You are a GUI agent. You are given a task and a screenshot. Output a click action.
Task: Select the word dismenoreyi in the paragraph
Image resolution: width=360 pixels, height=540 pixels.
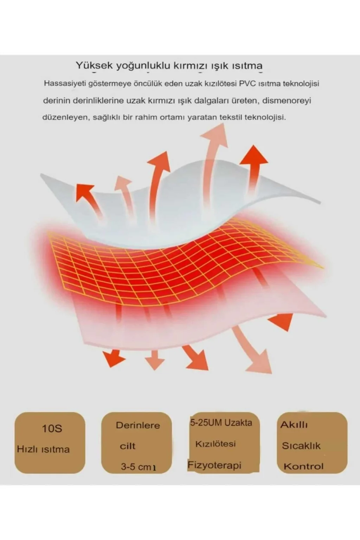tap(287, 101)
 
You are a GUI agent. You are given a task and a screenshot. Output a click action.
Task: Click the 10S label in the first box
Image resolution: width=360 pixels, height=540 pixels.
tap(52, 429)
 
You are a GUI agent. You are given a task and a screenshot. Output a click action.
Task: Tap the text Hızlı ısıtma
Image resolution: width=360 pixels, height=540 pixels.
tap(43, 449)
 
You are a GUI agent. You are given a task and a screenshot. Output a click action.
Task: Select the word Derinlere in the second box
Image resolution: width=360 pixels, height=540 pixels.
tap(138, 425)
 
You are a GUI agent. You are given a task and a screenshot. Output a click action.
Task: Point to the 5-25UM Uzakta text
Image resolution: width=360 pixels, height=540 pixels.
tap(221, 423)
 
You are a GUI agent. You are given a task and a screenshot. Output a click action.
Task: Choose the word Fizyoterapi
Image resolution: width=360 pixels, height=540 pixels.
tap(214, 465)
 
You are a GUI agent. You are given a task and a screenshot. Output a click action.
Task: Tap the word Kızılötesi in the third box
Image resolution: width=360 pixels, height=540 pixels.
tap(215, 444)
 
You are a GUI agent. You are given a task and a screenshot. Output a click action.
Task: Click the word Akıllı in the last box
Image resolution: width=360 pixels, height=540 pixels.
tap(294, 425)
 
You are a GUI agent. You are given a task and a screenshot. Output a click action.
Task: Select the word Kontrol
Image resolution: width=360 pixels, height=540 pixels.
tap(303, 467)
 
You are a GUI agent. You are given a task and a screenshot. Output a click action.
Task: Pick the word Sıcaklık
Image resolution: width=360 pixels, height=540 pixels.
tap(301, 446)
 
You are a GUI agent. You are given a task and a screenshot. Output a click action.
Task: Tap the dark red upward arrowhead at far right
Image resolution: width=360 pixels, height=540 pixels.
tap(253, 155)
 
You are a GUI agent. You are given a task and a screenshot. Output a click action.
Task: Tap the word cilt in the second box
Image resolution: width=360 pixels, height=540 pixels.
tap(128, 446)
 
